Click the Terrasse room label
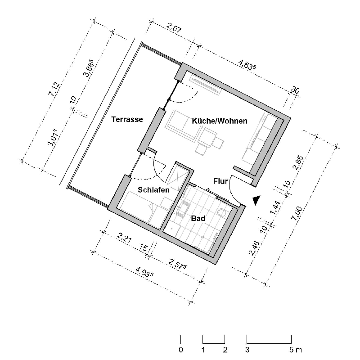pos(127,119)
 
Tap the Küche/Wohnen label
pos(220,121)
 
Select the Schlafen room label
pos(153,190)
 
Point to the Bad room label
pos(198,218)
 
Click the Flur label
pos(220,181)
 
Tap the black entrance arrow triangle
pos(256,200)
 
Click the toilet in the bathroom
pos(222,212)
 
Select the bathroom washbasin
pos(183,209)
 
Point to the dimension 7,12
pos(54,88)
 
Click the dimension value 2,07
pos(174,28)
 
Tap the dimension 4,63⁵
pos(247,65)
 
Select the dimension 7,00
pos(297,214)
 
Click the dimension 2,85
pos(298,162)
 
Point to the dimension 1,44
pos(275,207)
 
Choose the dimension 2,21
pos(124,238)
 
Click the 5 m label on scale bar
pos(296,350)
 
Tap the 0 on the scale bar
pos(181,350)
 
